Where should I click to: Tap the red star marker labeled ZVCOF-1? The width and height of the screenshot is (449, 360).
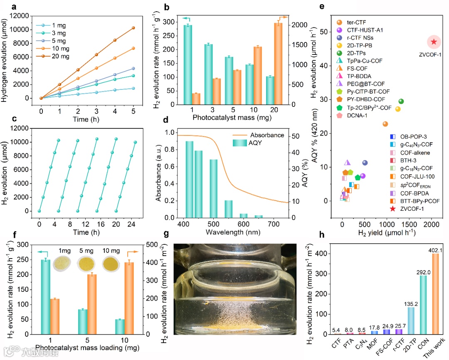click(434, 42)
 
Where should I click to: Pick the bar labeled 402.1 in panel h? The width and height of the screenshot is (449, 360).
click(435, 293)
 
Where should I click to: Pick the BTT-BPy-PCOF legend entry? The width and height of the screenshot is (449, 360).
click(401, 201)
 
